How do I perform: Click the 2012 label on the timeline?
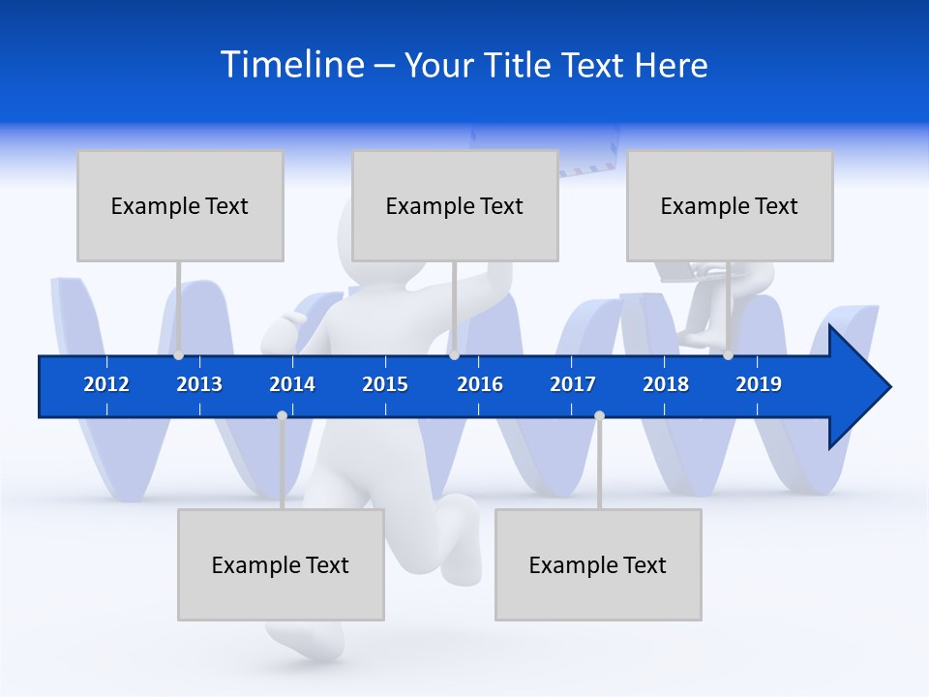(x=106, y=384)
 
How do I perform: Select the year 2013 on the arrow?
(x=199, y=384)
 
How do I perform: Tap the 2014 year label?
(x=292, y=384)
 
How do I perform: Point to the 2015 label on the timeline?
(x=385, y=384)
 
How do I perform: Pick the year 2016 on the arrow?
(x=480, y=384)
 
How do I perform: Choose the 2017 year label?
(x=573, y=384)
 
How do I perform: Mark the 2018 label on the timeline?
(x=666, y=384)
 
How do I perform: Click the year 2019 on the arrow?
(x=759, y=384)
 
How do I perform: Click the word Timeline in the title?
(x=293, y=65)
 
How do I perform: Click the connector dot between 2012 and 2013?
(x=178, y=355)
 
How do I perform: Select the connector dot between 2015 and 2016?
(x=454, y=355)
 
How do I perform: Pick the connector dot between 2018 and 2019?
(x=728, y=355)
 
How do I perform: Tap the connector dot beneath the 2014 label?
(x=282, y=416)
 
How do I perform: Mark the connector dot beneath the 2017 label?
(x=599, y=416)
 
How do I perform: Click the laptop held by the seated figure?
(x=682, y=273)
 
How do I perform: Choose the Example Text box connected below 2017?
(x=598, y=564)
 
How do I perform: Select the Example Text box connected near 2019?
(x=730, y=205)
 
